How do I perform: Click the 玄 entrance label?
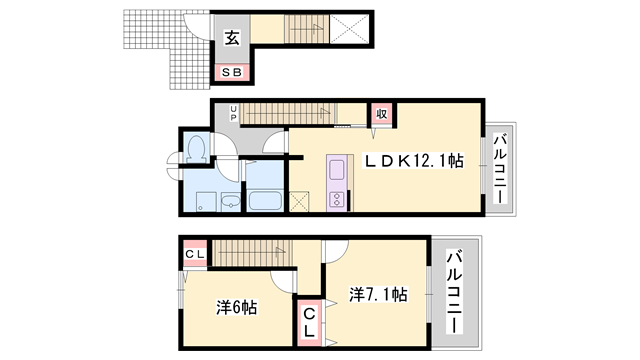point(232,40)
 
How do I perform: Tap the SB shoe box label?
point(232,72)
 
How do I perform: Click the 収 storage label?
point(381,114)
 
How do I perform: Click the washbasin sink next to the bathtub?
point(230,201)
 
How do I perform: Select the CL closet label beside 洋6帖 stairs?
point(195,254)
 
